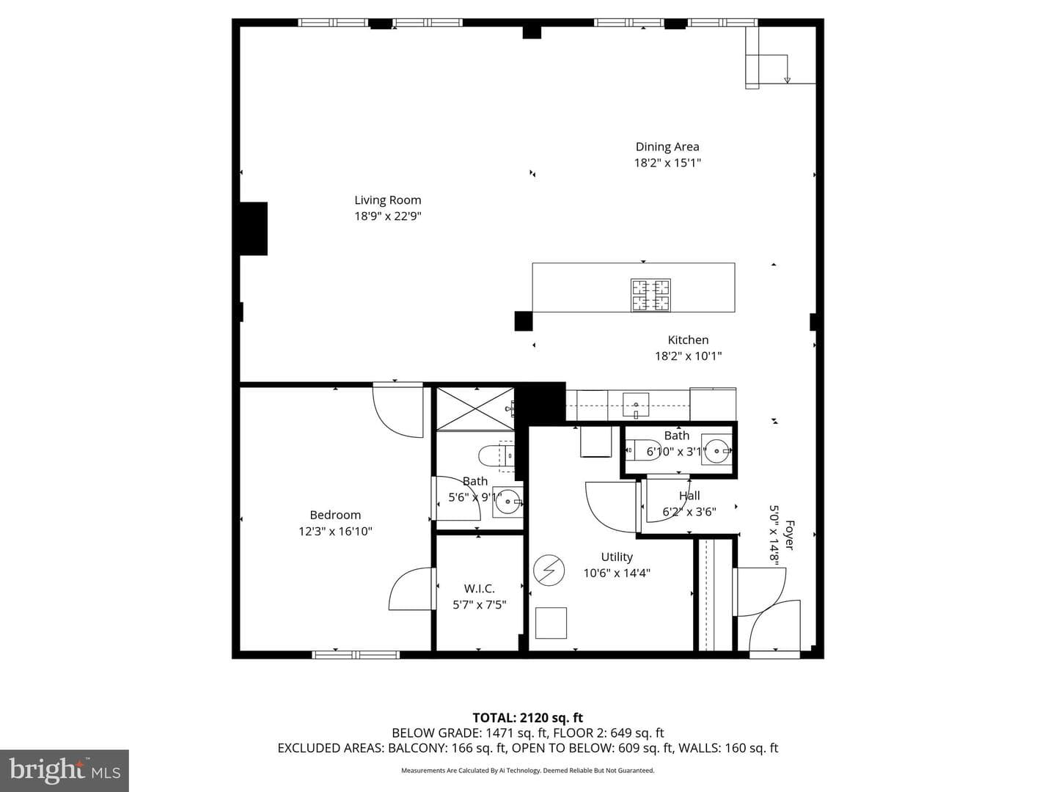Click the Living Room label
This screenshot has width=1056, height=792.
[387, 200]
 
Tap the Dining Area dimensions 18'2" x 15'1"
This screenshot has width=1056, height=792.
[667, 163]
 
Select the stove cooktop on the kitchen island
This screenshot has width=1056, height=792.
[650, 296]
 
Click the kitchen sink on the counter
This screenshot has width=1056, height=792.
[636, 404]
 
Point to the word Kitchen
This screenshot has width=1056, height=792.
[688, 340]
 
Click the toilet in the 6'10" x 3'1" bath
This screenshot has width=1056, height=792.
[643, 450]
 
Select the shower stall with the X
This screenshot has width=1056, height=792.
[475, 408]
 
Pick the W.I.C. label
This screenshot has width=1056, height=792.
[479, 589]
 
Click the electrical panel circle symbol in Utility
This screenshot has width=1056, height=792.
[549, 571]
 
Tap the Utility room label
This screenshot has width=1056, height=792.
[617, 557]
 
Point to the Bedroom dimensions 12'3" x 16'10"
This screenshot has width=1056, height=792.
[335, 532]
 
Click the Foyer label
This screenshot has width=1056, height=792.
[789, 535]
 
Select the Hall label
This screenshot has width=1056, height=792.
[689, 495]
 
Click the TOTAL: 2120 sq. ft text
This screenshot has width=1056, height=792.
[528, 718]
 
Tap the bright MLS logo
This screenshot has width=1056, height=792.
[65, 771]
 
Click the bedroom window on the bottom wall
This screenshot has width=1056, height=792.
[356, 654]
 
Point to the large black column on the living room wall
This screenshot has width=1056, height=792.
[253, 228]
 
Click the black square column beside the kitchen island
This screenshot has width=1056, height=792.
[524, 321]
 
